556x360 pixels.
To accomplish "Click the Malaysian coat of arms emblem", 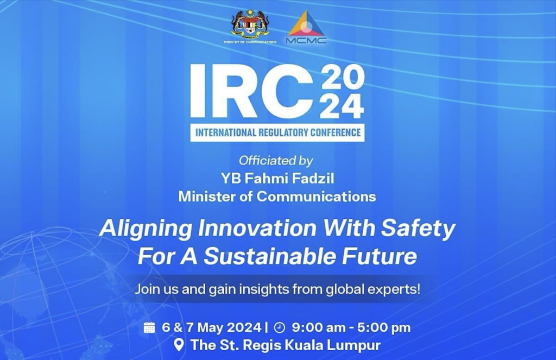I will click(250, 24).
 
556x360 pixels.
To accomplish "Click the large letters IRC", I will click(251, 91).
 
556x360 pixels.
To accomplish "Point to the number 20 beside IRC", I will click(342, 78).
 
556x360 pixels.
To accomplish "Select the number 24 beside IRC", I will click(342, 107).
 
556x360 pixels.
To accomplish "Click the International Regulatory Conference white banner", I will click(277, 132).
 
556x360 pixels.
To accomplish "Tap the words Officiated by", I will click(276, 161).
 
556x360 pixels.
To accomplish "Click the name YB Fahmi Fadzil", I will click(277, 178).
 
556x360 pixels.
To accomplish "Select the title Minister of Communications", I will click(277, 196).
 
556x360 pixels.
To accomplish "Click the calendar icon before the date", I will click(149, 327).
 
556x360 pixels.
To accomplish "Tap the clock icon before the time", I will click(279, 327).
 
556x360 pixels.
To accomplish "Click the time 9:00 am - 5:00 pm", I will click(351, 327).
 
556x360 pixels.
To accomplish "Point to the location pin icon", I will click(179, 345).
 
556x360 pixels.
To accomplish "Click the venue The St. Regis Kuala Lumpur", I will click(285, 345).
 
